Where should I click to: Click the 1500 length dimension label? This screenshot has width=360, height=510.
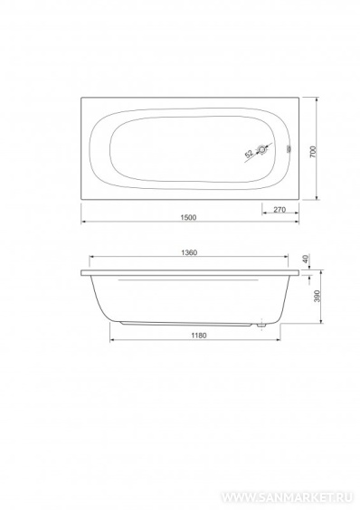(x=188, y=217)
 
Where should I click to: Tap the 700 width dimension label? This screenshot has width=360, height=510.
(x=313, y=152)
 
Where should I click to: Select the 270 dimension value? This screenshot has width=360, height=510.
(x=279, y=210)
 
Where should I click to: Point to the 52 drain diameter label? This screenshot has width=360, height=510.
(x=249, y=154)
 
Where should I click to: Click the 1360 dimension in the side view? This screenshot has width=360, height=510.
(x=189, y=252)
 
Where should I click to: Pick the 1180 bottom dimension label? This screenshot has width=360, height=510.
(x=198, y=335)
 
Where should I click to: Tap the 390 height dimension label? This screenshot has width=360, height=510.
(x=317, y=296)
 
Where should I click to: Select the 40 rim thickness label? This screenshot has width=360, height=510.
(x=305, y=260)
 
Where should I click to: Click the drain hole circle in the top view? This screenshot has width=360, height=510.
(x=262, y=150)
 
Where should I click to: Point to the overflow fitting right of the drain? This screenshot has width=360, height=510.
(x=289, y=150)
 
